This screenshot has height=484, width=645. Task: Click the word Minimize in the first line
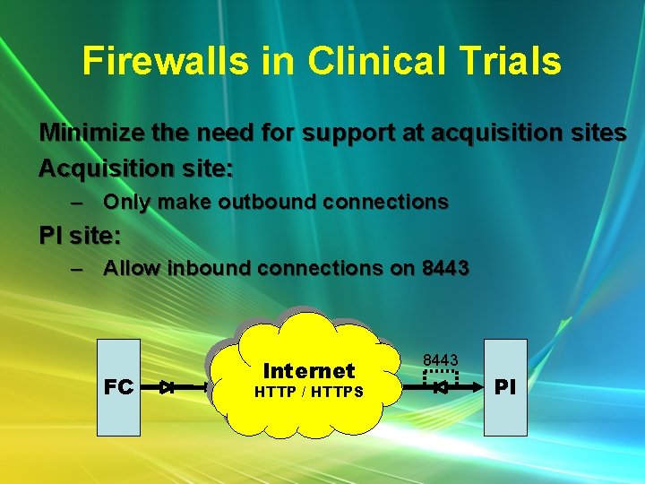[90, 134]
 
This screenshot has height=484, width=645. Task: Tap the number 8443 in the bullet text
[445, 268]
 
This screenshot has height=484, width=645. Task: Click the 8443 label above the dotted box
[441, 360]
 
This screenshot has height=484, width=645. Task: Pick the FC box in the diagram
[119, 387]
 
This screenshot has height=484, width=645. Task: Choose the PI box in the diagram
[505, 387]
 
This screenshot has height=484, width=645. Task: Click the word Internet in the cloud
[309, 370]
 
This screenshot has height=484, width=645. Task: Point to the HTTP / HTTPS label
[309, 392]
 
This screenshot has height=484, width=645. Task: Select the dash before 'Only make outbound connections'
[78, 203]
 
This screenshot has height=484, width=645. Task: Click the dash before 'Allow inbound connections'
[78, 268]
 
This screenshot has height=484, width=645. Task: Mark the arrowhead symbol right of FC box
[168, 388]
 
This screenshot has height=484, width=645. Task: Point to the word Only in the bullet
[122, 203]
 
